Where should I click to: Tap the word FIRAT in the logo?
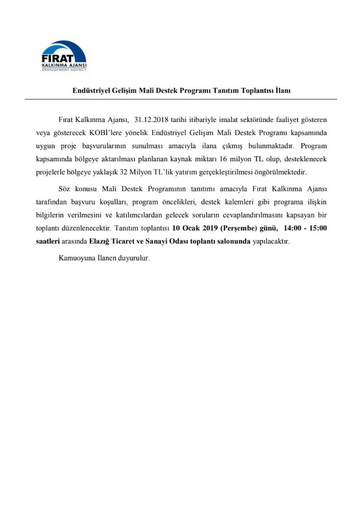tap(57, 58)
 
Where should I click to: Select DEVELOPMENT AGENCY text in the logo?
tap(64, 69)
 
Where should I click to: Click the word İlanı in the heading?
tap(283, 91)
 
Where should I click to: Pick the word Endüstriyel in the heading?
tap(90, 91)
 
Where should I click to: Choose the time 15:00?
tap(318, 228)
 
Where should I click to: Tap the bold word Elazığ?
tap(100, 241)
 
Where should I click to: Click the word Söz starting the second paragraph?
tap(64, 189)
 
